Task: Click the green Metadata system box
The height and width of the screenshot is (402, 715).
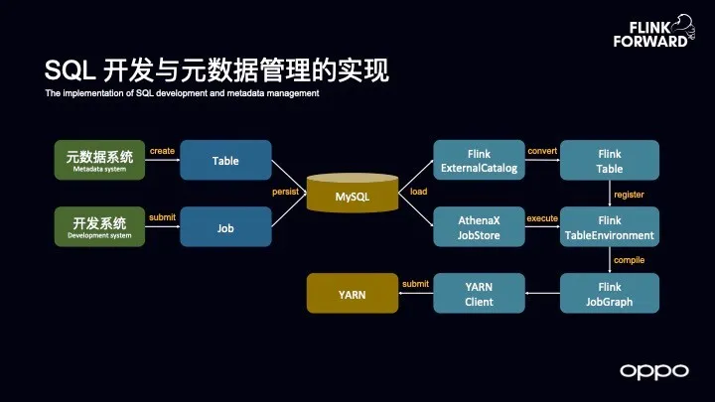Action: tap(99, 160)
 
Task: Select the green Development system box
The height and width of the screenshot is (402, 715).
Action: tap(99, 227)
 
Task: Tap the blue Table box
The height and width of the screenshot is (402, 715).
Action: tap(225, 160)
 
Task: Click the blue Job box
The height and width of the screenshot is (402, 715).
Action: tap(225, 227)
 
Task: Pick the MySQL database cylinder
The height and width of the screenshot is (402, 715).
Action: tap(352, 194)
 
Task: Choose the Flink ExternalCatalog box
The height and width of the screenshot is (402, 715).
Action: tap(479, 160)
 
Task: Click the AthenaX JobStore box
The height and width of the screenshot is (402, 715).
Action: tap(479, 227)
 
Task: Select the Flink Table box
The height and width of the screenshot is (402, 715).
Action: tap(610, 160)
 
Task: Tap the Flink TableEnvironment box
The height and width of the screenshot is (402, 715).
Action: tap(610, 227)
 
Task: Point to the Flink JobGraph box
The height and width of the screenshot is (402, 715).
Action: tap(610, 294)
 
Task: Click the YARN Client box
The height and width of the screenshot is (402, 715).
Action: tap(479, 294)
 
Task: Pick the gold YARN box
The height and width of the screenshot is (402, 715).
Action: tap(352, 294)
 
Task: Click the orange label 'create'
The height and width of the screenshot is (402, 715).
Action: tap(162, 151)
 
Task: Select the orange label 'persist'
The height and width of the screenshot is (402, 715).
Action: tap(285, 192)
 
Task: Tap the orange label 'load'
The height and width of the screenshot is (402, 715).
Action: tap(418, 192)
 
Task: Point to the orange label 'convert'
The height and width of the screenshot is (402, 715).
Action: tap(542, 151)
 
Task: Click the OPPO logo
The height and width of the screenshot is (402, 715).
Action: tap(653, 370)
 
